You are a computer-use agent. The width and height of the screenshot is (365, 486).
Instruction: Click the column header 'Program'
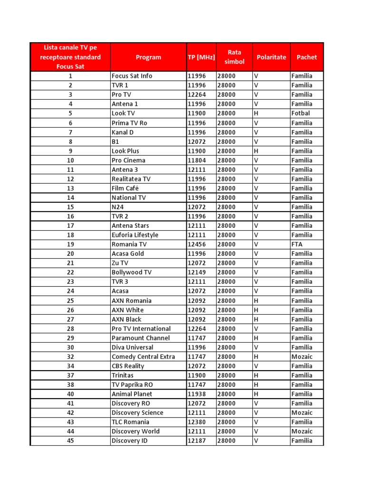(148, 57)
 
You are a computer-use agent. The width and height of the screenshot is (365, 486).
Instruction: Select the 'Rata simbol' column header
(234, 57)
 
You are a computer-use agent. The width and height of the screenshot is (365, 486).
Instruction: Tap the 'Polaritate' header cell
(271, 57)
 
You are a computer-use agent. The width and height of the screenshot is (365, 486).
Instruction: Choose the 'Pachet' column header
(307, 57)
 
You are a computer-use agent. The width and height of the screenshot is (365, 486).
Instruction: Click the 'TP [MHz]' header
(201, 57)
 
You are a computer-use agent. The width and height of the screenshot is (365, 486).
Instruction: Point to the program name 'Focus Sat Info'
(132, 76)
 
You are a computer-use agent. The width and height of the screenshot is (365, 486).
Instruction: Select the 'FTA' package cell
(297, 244)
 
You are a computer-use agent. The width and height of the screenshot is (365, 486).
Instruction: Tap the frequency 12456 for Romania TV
(197, 244)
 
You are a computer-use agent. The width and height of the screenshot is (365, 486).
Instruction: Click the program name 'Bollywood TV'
(131, 272)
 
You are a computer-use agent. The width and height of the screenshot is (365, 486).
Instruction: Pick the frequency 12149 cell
(197, 272)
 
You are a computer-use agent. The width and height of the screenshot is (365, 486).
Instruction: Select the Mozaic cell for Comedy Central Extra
(302, 356)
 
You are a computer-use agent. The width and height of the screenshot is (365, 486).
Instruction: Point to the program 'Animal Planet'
(132, 394)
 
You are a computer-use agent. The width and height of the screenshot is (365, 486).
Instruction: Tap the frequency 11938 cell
(197, 394)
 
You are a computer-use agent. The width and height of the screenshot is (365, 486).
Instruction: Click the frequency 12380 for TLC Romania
(197, 422)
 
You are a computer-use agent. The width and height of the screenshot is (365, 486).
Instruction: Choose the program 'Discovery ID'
(129, 441)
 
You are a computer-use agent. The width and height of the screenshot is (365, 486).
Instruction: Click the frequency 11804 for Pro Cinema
(197, 160)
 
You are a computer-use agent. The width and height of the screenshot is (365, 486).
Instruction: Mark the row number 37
(70, 375)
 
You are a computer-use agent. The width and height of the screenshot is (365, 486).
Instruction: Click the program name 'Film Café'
(125, 188)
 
